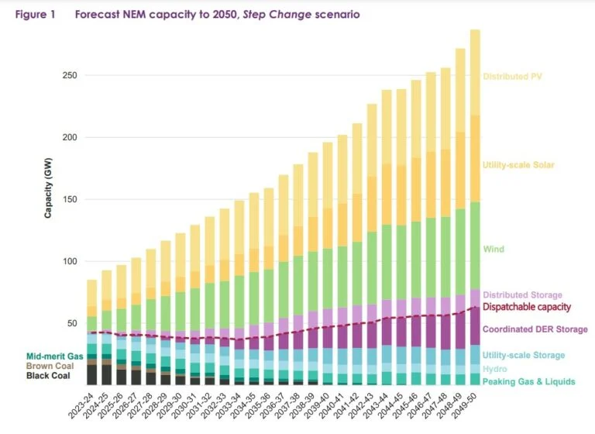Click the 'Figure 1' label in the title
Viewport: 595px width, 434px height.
coord(35,15)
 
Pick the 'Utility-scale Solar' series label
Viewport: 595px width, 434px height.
coord(518,165)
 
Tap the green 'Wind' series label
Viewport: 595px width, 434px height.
coord(494,250)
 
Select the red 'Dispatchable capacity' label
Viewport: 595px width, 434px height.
coord(527,307)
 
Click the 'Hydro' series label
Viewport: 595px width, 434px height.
coord(494,369)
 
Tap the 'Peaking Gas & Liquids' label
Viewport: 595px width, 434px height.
coord(528,382)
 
